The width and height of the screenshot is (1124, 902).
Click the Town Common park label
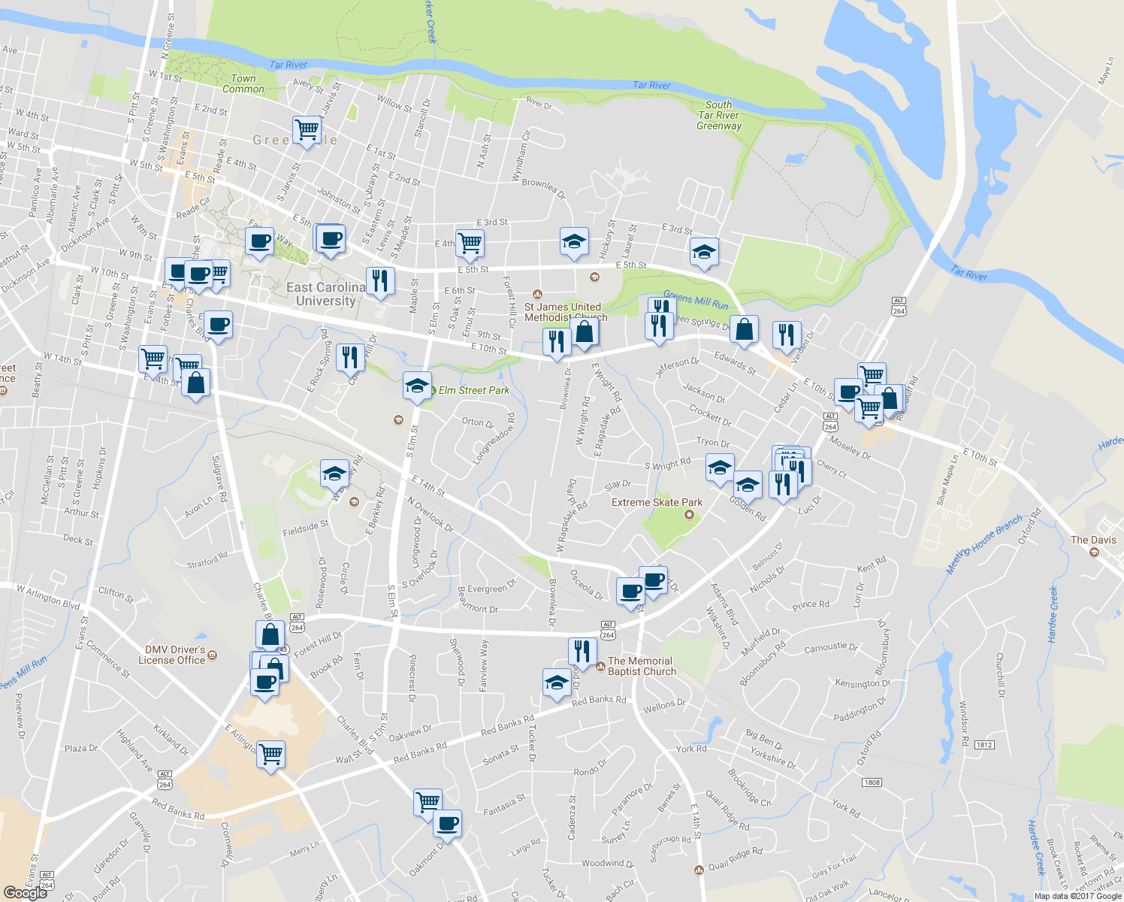tap(243, 83)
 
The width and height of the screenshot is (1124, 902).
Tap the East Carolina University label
tap(325, 294)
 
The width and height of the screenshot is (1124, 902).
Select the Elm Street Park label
tap(474, 390)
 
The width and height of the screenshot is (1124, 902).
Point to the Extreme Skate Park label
tap(657, 502)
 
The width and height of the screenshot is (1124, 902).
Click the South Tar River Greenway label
tap(719, 116)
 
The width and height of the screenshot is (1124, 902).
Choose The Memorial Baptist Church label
tap(642, 666)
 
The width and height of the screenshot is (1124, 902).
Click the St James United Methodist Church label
tap(563, 312)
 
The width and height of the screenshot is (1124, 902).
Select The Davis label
tap(1093, 540)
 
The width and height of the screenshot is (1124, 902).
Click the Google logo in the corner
tap(25, 892)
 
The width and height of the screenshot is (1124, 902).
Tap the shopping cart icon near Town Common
tap(307, 129)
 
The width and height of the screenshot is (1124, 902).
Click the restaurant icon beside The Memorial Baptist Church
tap(582, 651)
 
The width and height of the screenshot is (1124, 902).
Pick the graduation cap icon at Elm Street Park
tap(417, 386)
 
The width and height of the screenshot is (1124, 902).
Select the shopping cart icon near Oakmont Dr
tap(428, 801)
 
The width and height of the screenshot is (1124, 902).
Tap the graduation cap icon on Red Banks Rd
tap(557, 683)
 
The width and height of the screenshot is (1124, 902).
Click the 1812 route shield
tap(984, 745)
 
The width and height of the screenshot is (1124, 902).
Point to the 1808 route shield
tap(872, 782)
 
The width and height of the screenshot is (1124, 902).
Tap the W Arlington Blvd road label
tap(48, 597)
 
